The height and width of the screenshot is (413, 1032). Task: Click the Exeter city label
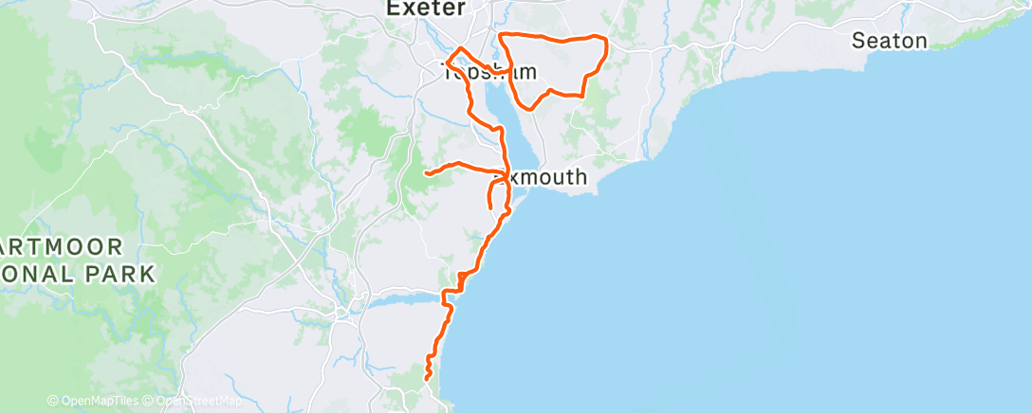[x=426, y=9]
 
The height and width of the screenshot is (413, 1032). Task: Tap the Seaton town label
[x=889, y=41]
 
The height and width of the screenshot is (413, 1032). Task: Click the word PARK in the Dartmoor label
[x=120, y=275]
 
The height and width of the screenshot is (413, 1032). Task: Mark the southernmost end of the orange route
[x=427, y=380]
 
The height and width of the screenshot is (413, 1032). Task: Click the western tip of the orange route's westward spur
[x=426, y=174]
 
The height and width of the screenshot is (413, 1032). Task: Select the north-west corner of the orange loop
[x=502, y=37]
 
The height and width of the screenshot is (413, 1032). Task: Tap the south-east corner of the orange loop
[x=581, y=95]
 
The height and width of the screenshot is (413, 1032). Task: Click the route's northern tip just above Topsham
[x=460, y=48]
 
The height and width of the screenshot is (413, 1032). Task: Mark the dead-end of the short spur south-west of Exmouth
[x=489, y=206]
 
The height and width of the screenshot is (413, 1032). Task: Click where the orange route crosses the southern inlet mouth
[x=445, y=301]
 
